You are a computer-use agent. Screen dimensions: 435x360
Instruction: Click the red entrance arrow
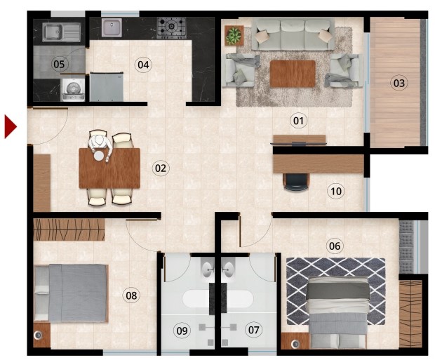(10, 127)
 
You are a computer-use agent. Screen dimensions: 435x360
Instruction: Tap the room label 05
(59, 64)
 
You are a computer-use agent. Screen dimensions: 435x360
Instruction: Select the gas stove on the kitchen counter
(171, 27)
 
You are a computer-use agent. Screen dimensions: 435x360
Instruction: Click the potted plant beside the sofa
(234, 35)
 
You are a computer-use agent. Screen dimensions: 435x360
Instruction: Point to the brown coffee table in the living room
(293, 74)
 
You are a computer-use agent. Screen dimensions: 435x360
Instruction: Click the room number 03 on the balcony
(399, 83)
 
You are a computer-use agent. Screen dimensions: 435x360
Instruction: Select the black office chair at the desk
(296, 182)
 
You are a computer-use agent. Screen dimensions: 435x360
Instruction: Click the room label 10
(336, 192)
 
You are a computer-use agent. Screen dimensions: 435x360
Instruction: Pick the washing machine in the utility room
(73, 90)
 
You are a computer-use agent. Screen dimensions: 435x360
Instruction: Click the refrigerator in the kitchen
(107, 87)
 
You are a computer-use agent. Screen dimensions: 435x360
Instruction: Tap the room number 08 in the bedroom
(131, 295)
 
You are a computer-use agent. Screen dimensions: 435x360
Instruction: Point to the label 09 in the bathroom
(182, 331)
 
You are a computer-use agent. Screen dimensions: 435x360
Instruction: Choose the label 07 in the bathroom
(253, 330)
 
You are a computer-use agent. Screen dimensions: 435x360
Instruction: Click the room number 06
(335, 246)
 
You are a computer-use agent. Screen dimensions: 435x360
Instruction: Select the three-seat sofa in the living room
(293, 34)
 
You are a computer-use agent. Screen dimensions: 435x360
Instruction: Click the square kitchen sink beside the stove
(112, 27)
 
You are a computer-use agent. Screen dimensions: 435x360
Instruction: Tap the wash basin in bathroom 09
(208, 269)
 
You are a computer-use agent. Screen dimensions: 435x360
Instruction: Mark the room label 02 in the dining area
(161, 168)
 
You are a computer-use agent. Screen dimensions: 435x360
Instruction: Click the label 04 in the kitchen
(143, 65)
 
